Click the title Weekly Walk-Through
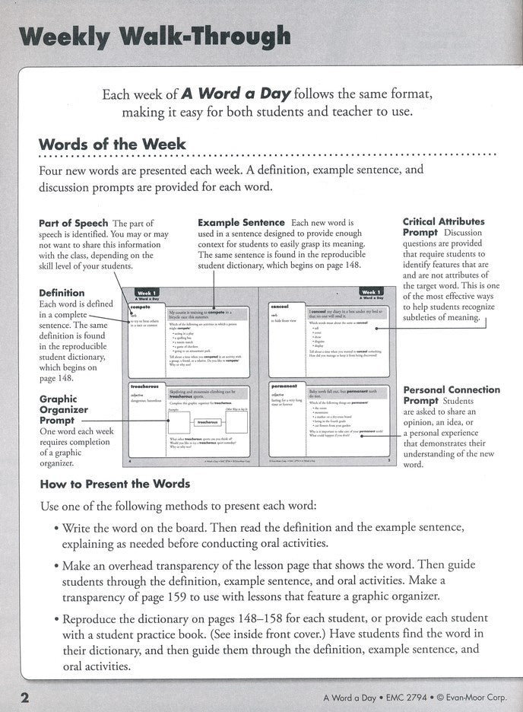pos(156,37)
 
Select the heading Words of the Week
pos(112,145)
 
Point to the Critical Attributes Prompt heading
pos(443,227)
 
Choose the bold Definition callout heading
pos(62,293)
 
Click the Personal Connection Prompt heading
pos(452,395)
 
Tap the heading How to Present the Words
pos(114,484)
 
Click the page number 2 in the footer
pos(25,698)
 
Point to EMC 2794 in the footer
pos(407,699)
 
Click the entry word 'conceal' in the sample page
pos(279,307)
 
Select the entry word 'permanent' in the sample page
pos(284,386)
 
